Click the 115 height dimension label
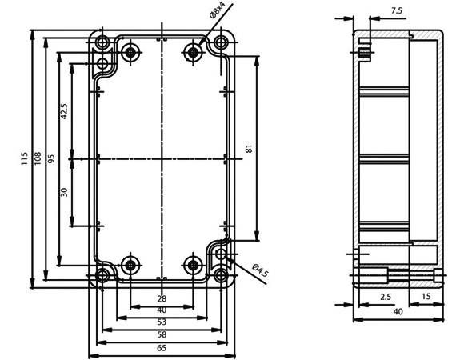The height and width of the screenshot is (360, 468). click(24, 159)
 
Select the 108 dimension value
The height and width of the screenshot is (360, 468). click(38, 159)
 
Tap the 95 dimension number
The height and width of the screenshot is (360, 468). click(51, 159)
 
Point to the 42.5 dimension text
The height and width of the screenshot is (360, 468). click(64, 111)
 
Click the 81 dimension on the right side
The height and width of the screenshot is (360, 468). click(249, 149)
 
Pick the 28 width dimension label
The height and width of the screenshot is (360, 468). click(162, 298)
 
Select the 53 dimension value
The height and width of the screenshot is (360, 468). click(162, 322)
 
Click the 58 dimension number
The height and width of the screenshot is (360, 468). click(162, 334)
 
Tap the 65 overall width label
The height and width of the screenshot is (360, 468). click(162, 348)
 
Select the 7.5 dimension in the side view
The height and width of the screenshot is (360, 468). click(397, 10)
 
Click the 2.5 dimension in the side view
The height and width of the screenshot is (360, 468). click(386, 297)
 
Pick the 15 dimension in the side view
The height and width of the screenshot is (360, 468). click(426, 296)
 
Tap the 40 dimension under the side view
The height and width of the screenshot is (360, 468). click(398, 312)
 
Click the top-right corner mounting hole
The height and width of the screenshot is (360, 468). click(221, 42)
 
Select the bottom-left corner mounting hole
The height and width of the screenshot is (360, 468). click(102, 275)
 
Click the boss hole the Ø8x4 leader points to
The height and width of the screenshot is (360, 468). click(194, 53)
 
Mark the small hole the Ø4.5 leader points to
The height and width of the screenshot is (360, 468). click(221, 254)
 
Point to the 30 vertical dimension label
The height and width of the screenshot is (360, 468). click(64, 192)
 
